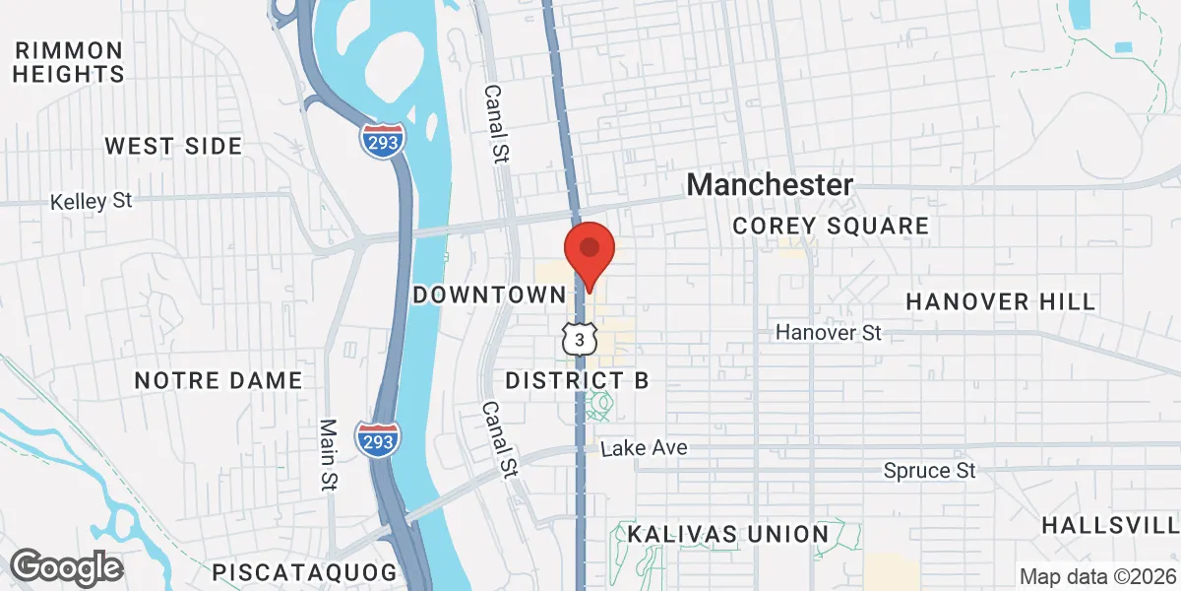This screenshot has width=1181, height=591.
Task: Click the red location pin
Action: click(x=589, y=252)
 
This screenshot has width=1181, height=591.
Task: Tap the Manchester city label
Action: click(x=770, y=184)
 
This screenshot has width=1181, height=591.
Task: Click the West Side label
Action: click(x=173, y=147)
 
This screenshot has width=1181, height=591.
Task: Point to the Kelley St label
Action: click(x=92, y=201)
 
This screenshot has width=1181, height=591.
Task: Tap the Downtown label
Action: click(x=490, y=295)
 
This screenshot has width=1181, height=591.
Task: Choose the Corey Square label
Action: click(x=831, y=227)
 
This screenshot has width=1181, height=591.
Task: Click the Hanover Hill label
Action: click(x=1000, y=301)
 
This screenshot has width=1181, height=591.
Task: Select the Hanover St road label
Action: click(x=828, y=333)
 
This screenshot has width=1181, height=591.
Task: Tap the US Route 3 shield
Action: click(x=581, y=339)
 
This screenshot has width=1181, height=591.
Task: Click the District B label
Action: click(x=577, y=381)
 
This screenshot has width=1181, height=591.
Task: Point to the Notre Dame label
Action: click(x=218, y=381)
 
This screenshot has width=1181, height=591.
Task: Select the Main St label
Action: click(x=329, y=454)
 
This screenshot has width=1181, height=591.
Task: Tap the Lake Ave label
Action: click(x=644, y=449)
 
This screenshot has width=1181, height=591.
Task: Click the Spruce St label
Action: click(x=929, y=472)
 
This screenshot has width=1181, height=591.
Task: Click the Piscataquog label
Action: click(x=305, y=571)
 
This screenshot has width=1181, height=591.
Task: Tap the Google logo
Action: click(x=66, y=567)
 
